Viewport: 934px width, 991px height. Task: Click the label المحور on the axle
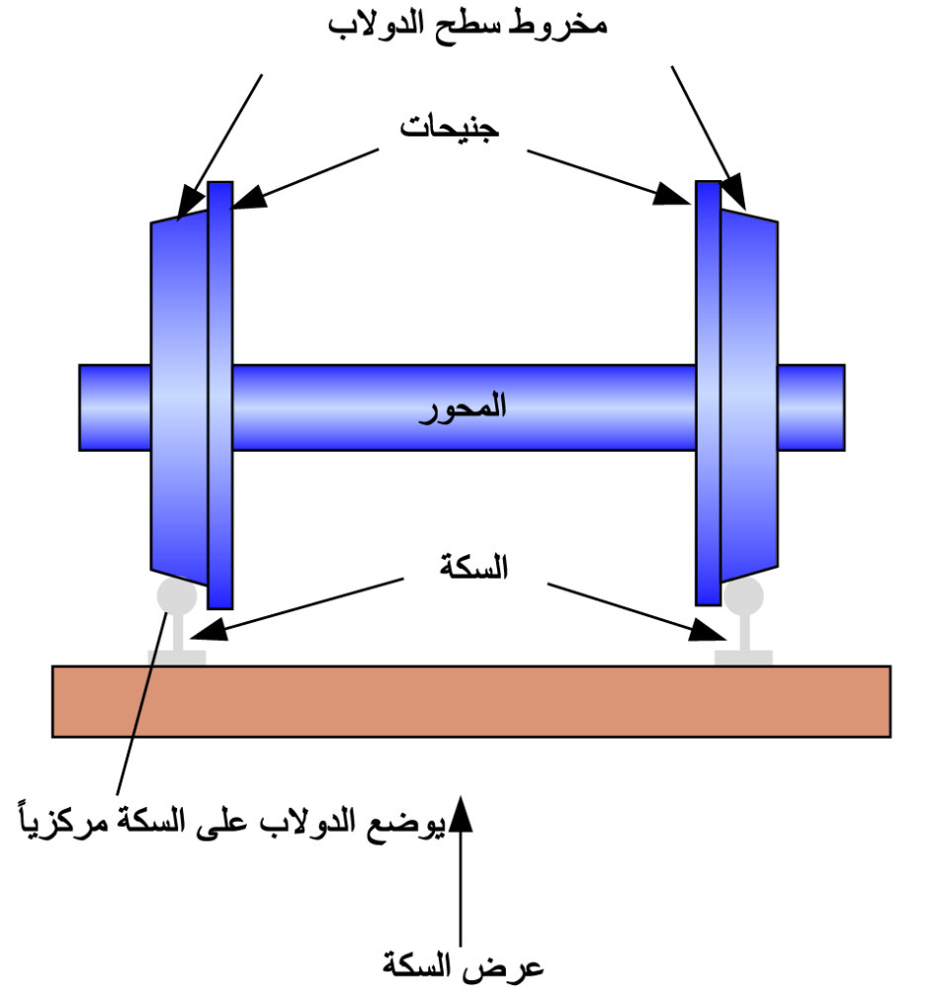[x=464, y=406]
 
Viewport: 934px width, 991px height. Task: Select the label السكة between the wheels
[x=472, y=568]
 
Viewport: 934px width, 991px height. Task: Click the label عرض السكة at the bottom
[x=463, y=964]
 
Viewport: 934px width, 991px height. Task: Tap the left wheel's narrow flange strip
[x=220, y=396]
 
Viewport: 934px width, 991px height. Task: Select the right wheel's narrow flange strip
[x=708, y=396]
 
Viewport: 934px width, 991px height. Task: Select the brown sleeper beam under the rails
[x=470, y=701]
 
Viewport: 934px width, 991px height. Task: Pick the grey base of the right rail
[x=743, y=657]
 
